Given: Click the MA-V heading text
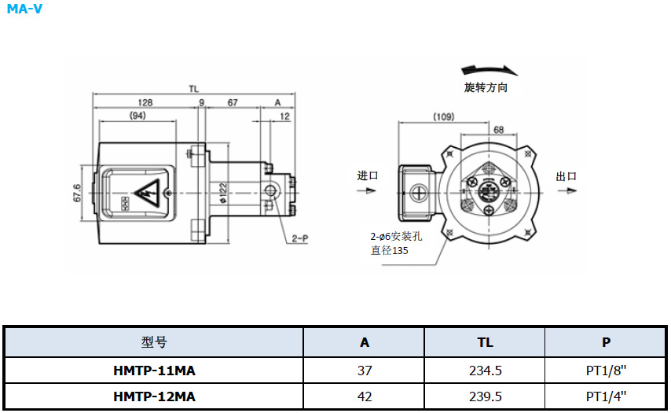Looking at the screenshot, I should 24,9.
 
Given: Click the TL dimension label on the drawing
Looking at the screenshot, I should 193,89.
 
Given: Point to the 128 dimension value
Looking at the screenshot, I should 145,103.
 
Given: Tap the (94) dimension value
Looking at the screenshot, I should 137,116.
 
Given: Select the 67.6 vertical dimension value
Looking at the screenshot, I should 77,194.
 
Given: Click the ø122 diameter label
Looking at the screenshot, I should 224,193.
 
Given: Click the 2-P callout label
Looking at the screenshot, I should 299,237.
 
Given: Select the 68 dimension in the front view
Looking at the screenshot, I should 499,130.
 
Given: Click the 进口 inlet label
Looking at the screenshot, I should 368,175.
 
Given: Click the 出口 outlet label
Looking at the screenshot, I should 566,176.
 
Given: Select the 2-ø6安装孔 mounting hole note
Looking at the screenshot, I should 398,236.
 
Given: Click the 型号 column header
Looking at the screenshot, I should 154,342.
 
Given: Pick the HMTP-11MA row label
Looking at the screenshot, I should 154,370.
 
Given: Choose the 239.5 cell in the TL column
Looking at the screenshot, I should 485,396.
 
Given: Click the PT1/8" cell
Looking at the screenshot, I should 606,370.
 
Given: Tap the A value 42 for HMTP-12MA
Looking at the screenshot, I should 364,396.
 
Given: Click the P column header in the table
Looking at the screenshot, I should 606,342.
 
